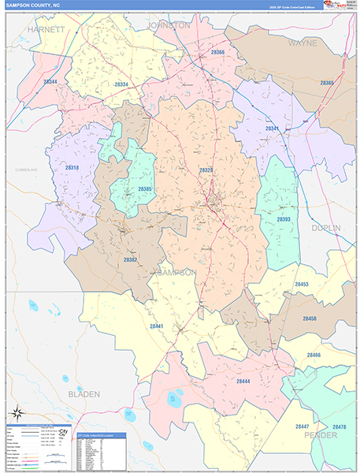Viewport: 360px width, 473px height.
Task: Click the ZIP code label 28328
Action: (x=206, y=169)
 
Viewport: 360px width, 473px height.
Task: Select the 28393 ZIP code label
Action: (x=284, y=219)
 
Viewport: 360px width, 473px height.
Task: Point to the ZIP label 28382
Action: (x=131, y=259)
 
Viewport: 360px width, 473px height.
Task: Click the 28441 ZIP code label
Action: (x=158, y=326)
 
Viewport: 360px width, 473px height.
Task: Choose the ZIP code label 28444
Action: (x=243, y=382)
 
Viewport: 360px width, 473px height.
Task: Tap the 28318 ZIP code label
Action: (x=72, y=168)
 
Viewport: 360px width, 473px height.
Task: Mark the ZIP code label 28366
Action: (x=217, y=53)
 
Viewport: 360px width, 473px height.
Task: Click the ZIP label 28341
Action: (x=272, y=128)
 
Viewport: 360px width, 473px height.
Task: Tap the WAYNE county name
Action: (x=302, y=43)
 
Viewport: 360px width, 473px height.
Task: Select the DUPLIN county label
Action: (x=325, y=228)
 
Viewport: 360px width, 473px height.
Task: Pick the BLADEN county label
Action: (x=84, y=392)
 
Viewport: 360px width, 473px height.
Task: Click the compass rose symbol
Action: (x=17, y=415)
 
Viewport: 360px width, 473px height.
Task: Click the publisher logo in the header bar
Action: (x=339, y=6)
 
